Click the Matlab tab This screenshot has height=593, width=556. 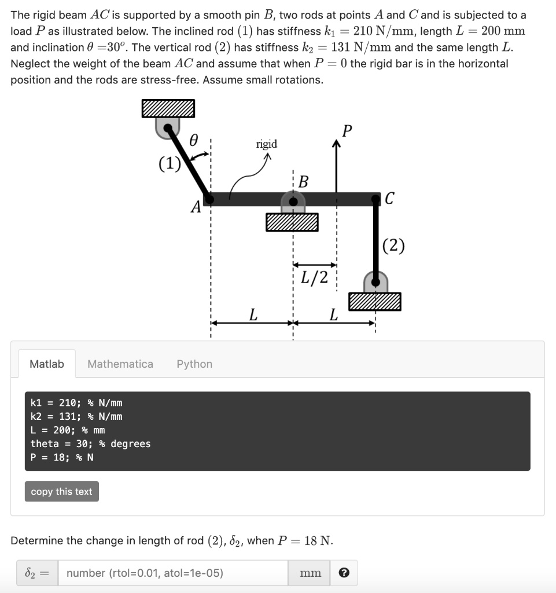[46, 364]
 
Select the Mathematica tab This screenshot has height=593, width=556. [120, 364]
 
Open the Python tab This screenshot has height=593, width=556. [194, 364]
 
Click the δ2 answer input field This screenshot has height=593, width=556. [174, 573]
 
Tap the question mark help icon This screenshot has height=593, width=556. [344, 573]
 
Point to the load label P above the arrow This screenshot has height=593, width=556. [346, 131]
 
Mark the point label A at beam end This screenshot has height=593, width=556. [196, 206]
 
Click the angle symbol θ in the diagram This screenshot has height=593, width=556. [194, 140]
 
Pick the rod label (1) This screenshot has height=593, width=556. [170, 163]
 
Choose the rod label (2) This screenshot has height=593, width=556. [393, 246]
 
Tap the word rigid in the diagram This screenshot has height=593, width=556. [266, 144]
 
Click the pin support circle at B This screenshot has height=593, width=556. [293, 202]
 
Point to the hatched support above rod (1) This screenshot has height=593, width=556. [168, 108]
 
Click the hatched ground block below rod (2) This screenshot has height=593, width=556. [374, 301]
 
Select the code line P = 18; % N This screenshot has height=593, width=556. [62, 457]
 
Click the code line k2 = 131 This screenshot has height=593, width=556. [76, 416]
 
